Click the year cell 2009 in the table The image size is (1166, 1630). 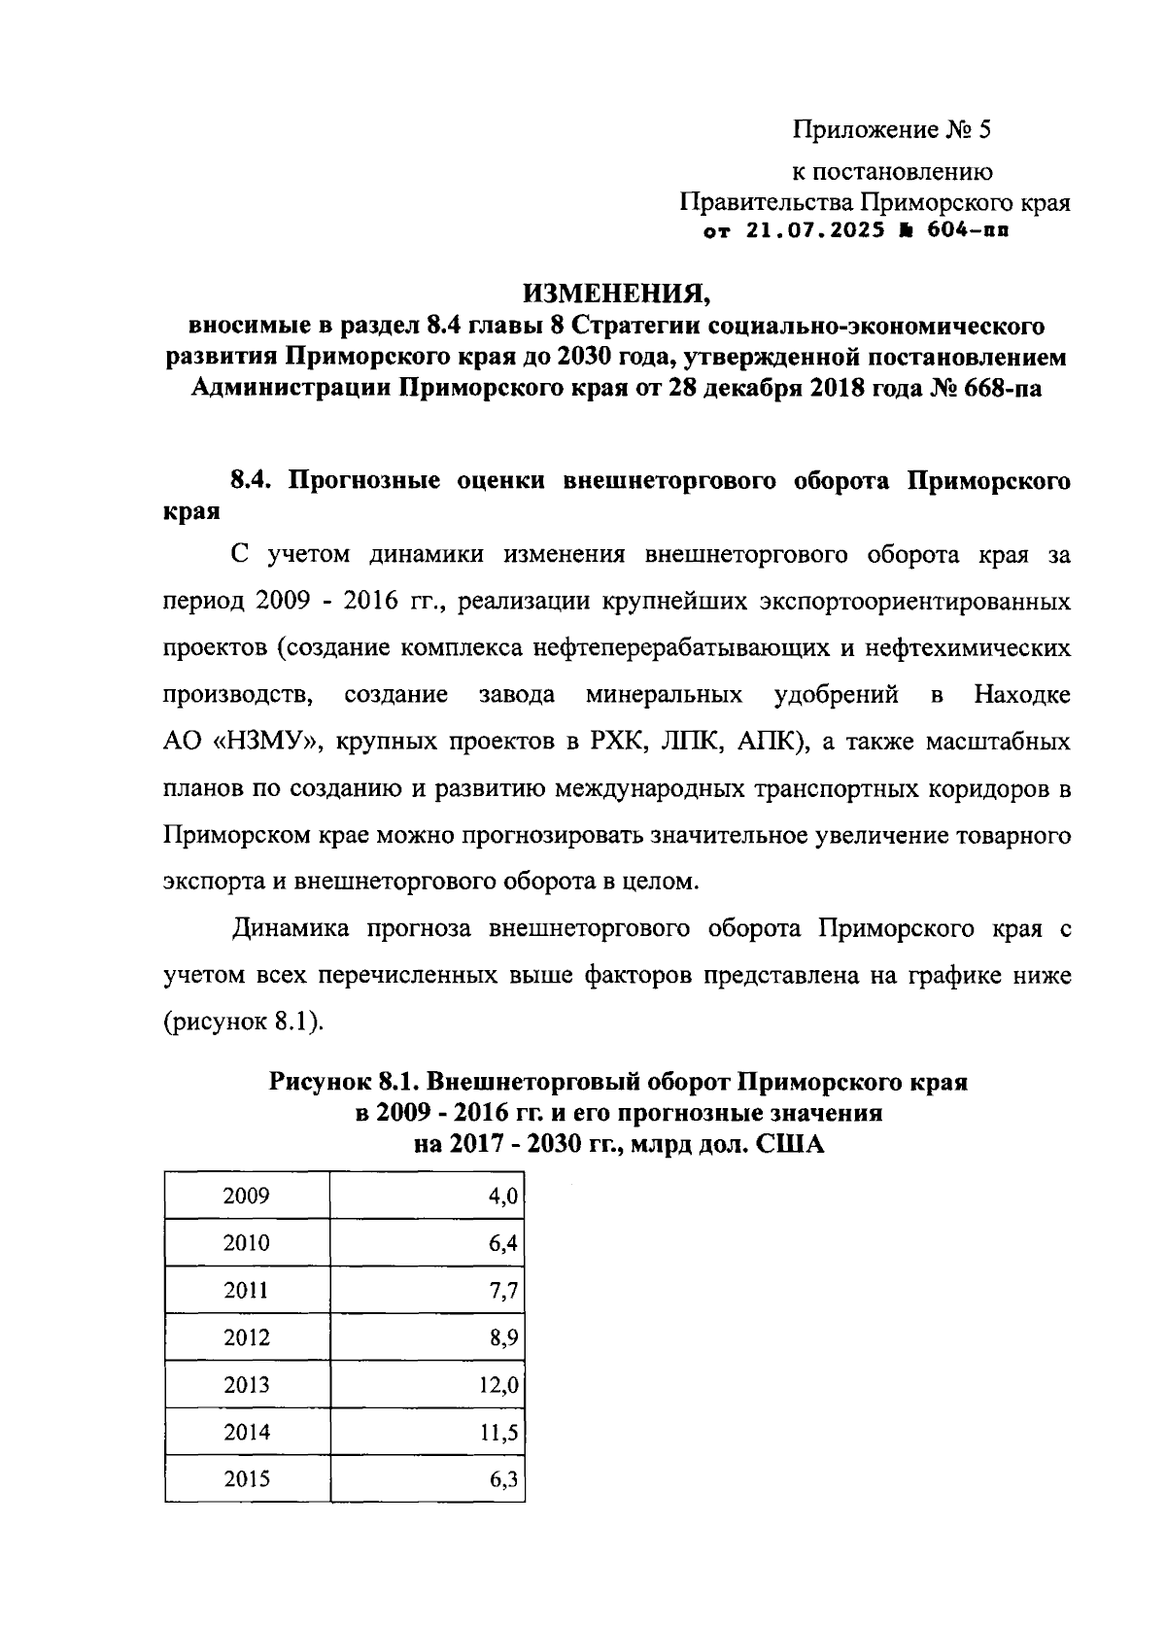[246, 1196]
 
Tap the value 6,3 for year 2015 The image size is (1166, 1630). [504, 1479]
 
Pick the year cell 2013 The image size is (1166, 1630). [246, 1385]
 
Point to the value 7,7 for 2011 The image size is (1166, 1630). [504, 1291]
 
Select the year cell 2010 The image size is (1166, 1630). [246, 1243]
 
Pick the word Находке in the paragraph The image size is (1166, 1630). [1022, 696]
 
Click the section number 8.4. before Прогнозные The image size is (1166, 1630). [256, 480]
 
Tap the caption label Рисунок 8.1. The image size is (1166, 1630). [344, 1082]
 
